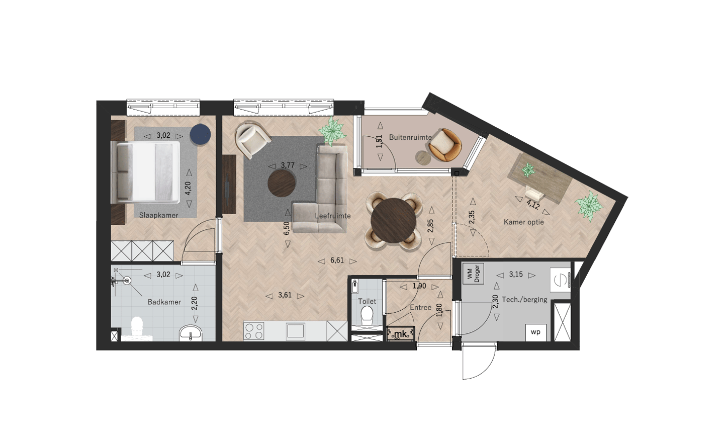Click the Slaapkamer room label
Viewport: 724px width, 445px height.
click(x=159, y=215)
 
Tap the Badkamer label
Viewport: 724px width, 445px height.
click(x=164, y=302)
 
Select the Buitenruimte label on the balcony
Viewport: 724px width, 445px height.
click(x=410, y=137)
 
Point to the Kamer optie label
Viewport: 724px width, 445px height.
click(x=523, y=222)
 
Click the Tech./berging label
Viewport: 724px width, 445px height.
click(x=524, y=300)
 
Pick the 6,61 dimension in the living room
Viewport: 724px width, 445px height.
click(x=337, y=260)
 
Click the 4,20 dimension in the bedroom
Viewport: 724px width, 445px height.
click(x=188, y=188)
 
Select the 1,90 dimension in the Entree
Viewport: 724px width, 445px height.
click(x=419, y=286)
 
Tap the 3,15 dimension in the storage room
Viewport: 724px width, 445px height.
click(x=516, y=275)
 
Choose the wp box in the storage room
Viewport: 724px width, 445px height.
click(x=535, y=332)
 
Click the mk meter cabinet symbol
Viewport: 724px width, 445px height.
click(x=401, y=334)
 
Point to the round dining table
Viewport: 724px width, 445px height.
click(x=393, y=220)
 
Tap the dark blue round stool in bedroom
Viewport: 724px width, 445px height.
click(x=201, y=135)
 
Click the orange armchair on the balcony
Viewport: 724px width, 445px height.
click(x=445, y=145)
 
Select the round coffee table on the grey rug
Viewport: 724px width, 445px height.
click(x=282, y=183)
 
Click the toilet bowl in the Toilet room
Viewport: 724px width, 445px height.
click(x=367, y=315)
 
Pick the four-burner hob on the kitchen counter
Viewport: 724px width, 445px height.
click(x=254, y=331)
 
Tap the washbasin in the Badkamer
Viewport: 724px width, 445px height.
click(x=191, y=333)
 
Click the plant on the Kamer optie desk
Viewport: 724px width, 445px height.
click(x=528, y=169)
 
